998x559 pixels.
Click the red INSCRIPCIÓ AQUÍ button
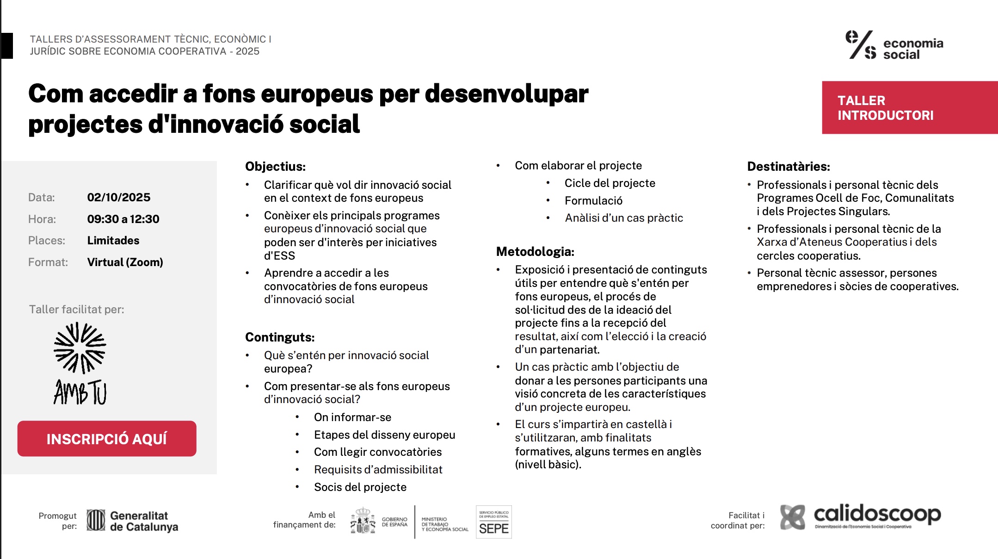107,439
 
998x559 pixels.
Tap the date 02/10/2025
119,198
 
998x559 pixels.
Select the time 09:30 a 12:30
123,219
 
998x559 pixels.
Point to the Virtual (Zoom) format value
125,262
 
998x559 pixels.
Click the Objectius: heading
275,167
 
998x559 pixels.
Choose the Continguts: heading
280,337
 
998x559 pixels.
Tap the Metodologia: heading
535,252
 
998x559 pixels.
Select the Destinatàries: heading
789,167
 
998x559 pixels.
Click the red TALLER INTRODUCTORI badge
909,108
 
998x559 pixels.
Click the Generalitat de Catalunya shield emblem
96,521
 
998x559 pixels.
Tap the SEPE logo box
493,522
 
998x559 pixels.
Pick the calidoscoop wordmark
877,514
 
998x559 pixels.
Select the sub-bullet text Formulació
593,201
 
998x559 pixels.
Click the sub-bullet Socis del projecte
360,487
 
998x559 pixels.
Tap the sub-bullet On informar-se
352,417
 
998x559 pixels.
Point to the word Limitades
113,241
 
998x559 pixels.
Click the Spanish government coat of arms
363,521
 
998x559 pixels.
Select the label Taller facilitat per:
77,310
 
